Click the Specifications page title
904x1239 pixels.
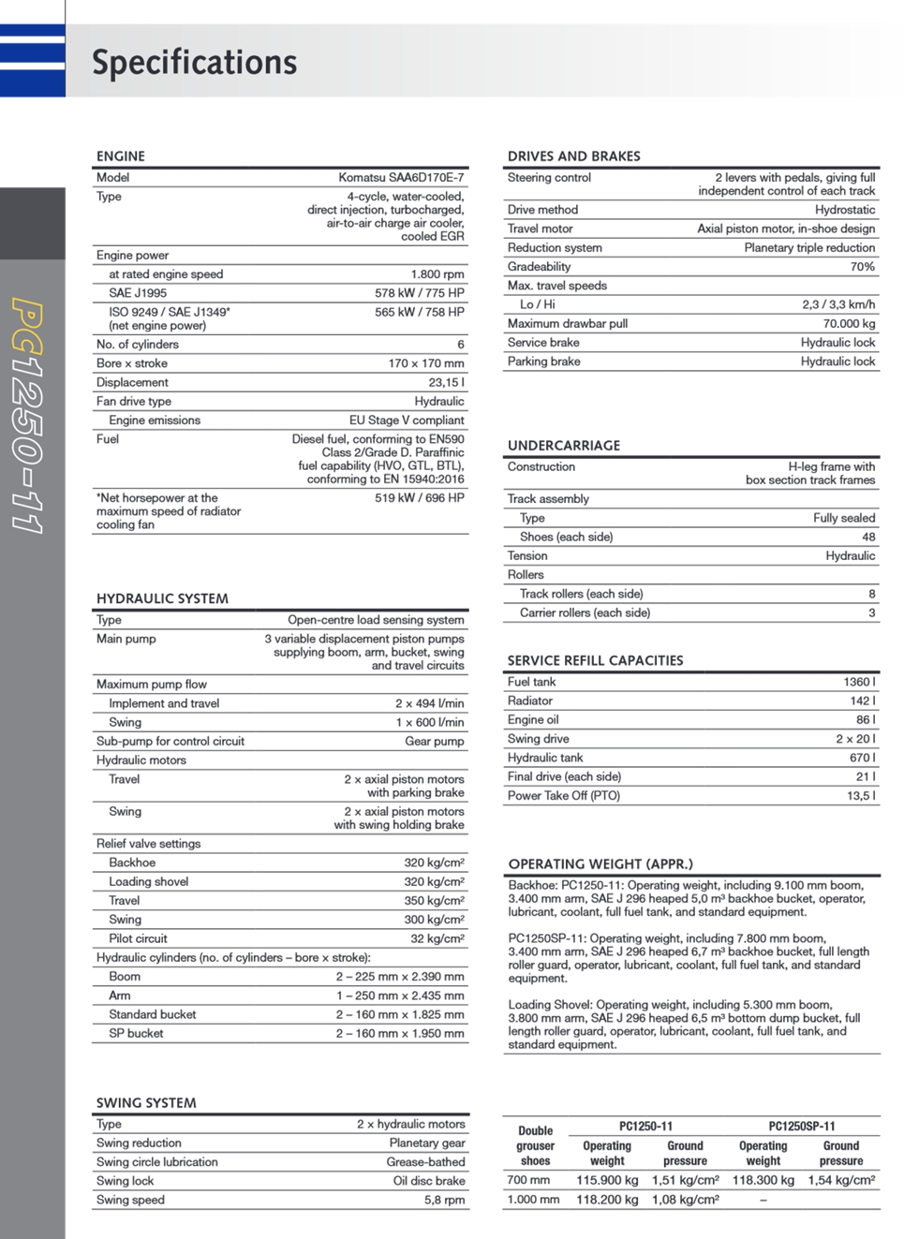[x=194, y=62]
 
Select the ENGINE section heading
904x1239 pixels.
[x=121, y=156]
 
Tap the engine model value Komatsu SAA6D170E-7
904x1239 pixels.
[x=401, y=177]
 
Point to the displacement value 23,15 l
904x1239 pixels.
[x=446, y=382]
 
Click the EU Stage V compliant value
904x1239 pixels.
[x=407, y=420]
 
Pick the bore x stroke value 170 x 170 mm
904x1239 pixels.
[x=426, y=363]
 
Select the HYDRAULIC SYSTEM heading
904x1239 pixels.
[x=162, y=598]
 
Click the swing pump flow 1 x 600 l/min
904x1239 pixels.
[x=429, y=722]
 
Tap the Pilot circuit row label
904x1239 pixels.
[x=138, y=938]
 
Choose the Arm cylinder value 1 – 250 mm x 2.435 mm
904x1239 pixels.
[x=400, y=996]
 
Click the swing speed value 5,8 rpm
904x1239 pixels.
[x=444, y=1200]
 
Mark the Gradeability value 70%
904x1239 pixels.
[x=862, y=267]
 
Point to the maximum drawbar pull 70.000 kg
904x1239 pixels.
[x=849, y=323]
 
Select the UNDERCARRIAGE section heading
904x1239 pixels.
[x=564, y=446]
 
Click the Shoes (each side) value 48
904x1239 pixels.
[x=868, y=537]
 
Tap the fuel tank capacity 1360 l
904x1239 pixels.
[x=859, y=682]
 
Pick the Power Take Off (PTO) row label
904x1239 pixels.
[x=564, y=795]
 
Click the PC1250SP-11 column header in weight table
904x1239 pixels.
[x=802, y=1127]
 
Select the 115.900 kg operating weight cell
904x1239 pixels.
[x=607, y=1180]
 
